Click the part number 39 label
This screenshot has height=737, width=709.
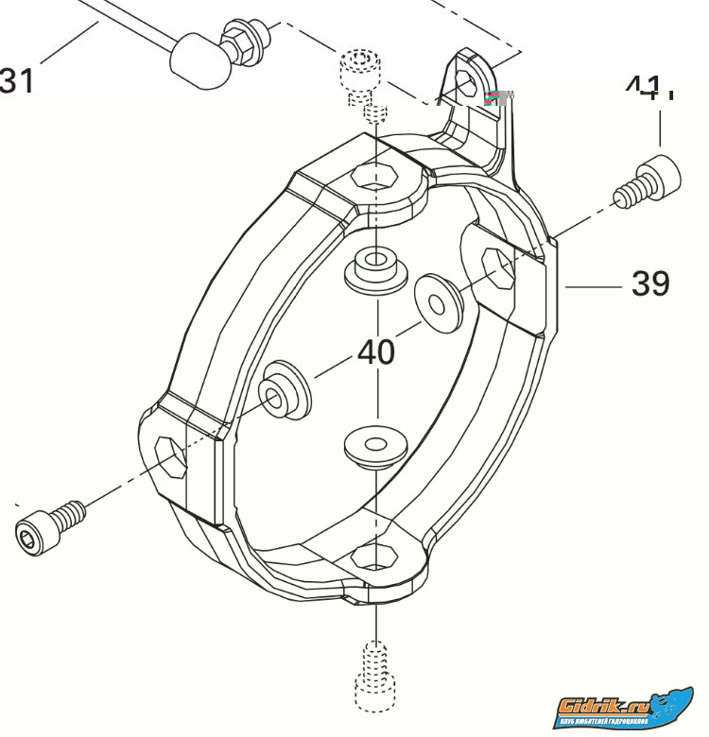tap(650, 283)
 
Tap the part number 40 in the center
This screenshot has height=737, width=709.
tap(376, 352)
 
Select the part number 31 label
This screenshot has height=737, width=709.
tap(18, 79)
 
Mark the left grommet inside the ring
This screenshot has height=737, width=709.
tap(283, 390)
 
